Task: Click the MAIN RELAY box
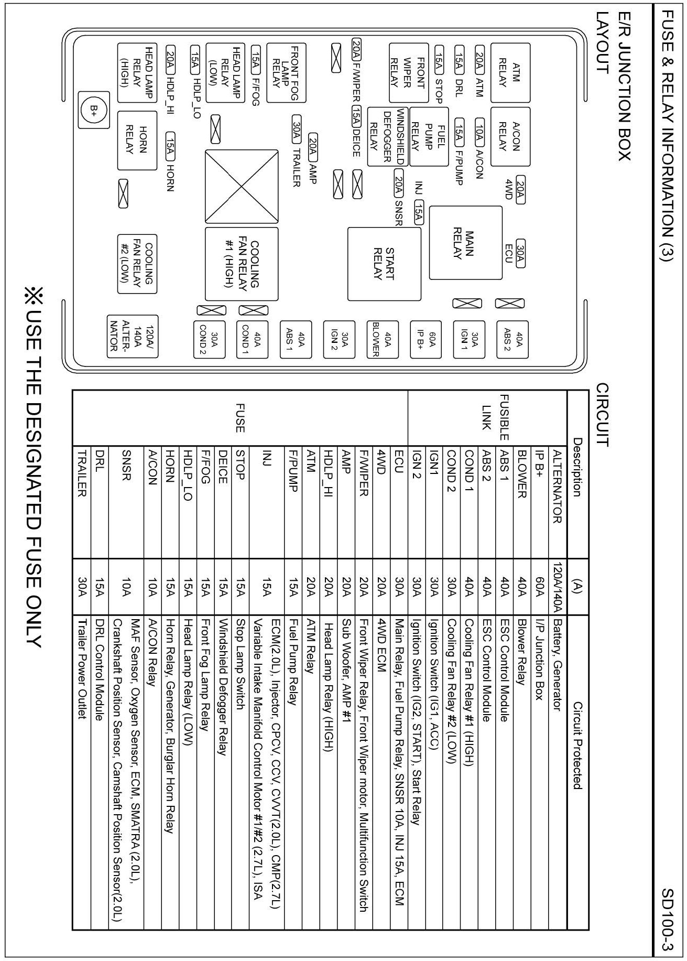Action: click(x=465, y=242)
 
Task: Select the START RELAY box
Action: click(x=384, y=264)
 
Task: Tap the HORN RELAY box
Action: click(x=137, y=140)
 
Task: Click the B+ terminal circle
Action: click(x=94, y=110)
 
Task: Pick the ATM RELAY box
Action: click(x=509, y=73)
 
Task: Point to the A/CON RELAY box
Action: click(x=509, y=136)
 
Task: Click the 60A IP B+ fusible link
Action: click(x=425, y=339)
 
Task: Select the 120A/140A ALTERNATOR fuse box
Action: click(x=133, y=337)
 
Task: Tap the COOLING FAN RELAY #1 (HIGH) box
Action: click(x=241, y=264)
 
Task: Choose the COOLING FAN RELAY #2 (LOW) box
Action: click(x=137, y=264)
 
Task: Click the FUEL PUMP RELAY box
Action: click(x=429, y=136)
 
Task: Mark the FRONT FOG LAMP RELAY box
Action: click(x=286, y=73)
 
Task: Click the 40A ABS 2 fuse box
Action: click(x=512, y=339)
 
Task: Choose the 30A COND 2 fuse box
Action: click(x=209, y=339)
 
